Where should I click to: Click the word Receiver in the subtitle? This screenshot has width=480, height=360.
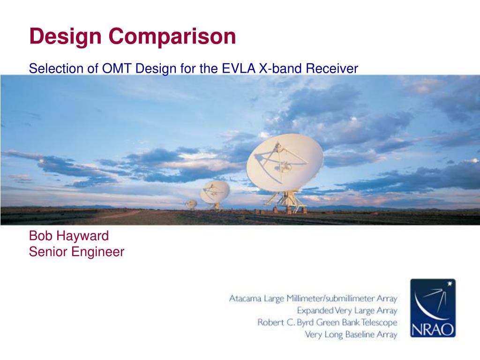point(332,68)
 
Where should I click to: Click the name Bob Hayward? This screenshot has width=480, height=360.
point(69,236)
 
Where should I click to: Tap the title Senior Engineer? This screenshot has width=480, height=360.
point(76,252)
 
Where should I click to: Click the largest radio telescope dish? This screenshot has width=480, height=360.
point(285,162)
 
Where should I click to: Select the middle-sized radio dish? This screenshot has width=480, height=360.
point(215,192)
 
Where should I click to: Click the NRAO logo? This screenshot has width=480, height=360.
point(433,308)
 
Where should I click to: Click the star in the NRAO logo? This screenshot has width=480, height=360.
point(450,284)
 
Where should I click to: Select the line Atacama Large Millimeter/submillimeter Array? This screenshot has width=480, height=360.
point(313,298)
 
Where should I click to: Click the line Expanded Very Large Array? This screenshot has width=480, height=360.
point(347,310)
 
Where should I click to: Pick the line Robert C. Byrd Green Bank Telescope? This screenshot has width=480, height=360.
point(327,322)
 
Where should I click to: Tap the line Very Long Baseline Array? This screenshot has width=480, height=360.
point(351,334)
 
